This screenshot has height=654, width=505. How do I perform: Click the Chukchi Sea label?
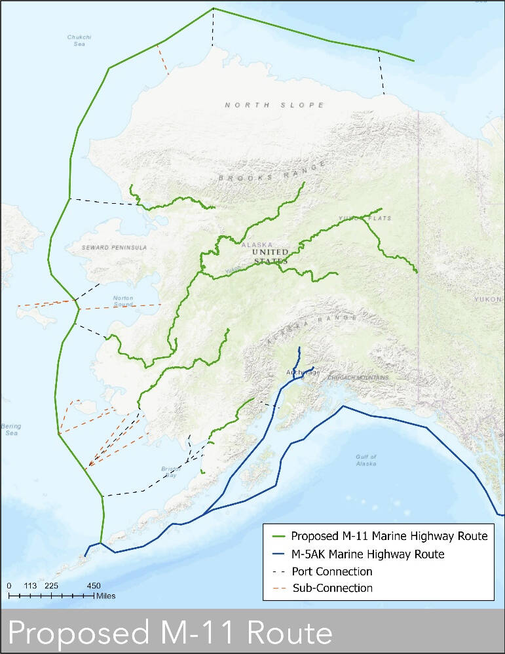pyautogui.click(x=79, y=41)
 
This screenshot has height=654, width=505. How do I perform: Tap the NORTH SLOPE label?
pyautogui.click(x=274, y=105)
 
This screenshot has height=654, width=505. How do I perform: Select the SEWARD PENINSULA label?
pyautogui.click(x=115, y=248)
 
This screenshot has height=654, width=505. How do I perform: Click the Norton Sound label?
pyautogui.click(x=123, y=301)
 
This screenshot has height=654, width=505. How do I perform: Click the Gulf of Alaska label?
pyautogui.click(x=367, y=459)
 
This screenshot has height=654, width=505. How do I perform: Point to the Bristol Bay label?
pyautogui.click(x=169, y=472)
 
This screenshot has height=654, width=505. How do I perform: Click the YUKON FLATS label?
pyautogui.click(x=364, y=218)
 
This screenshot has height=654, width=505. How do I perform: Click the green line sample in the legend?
pyautogui.click(x=277, y=537)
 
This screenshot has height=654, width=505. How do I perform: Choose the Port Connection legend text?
pyautogui.click(x=332, y=571)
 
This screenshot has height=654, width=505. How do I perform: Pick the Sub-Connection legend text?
pyautogui.click(x=332, y=588)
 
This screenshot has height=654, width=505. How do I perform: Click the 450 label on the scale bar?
pyautogui.click(x=94, y=586)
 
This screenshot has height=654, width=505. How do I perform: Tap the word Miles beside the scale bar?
pyautogui.click(x=105, y=596)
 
